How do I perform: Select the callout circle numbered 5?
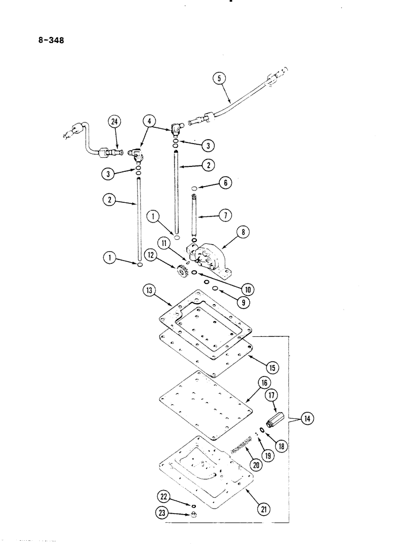click(x=219, y=78)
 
